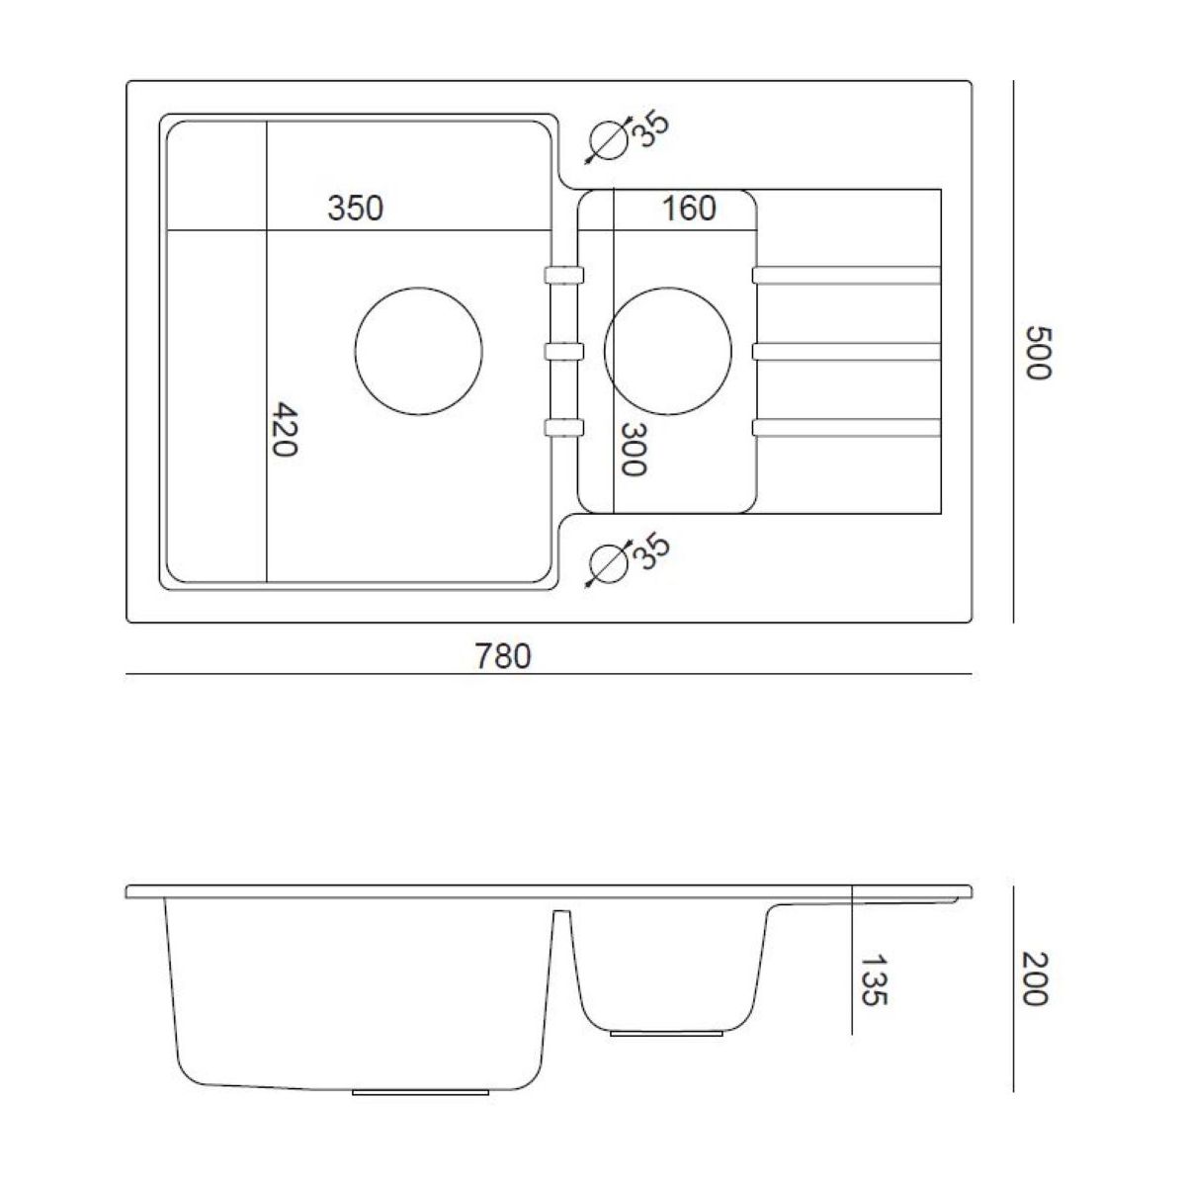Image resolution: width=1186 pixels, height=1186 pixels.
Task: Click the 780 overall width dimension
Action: pos(502,656)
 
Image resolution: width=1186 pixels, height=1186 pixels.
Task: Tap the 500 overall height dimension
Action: pos(1039,353)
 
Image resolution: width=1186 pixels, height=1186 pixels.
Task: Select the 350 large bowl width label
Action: pos(355,208)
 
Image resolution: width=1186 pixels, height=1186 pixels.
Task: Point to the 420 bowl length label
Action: pos(285,430)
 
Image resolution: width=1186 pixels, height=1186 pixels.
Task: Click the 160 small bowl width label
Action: pos(689,208)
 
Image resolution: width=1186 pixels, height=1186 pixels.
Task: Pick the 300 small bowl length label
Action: pos(633,450)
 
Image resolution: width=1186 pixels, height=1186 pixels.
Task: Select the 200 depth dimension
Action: pos(1034,979)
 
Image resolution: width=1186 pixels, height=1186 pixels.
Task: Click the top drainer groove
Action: pos(846,275)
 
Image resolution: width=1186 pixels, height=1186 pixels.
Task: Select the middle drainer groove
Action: pos(846,352)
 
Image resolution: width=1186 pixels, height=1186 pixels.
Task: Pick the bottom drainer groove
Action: pos(846,428)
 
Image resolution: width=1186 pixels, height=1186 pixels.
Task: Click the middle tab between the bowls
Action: pos(563,352)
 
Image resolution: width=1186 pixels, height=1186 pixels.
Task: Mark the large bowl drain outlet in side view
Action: pos(420,1092)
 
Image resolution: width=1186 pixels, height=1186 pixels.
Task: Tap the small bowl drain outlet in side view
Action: pos(666,1034)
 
